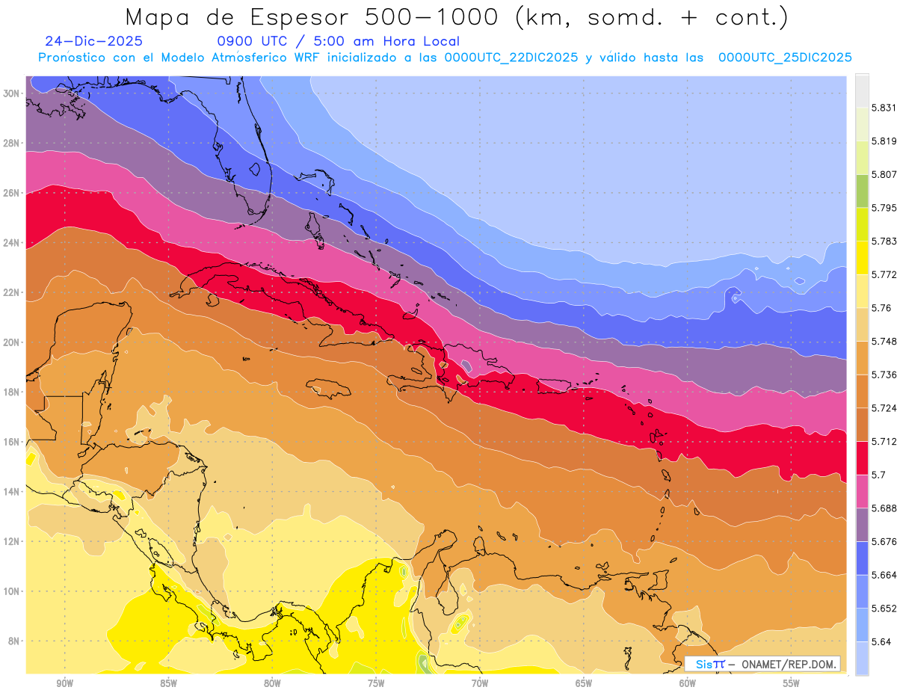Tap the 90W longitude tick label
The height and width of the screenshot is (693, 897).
click(64, 683)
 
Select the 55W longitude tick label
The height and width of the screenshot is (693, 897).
click(791, 683)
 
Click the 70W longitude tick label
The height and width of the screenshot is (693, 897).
click(479, 683)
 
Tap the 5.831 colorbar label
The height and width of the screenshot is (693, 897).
click(884, 108)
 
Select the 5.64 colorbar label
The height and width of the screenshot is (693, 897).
click(881, 641)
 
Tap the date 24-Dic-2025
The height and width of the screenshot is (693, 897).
click(93, 42)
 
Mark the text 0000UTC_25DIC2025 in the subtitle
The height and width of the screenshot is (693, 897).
click(785, 58)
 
